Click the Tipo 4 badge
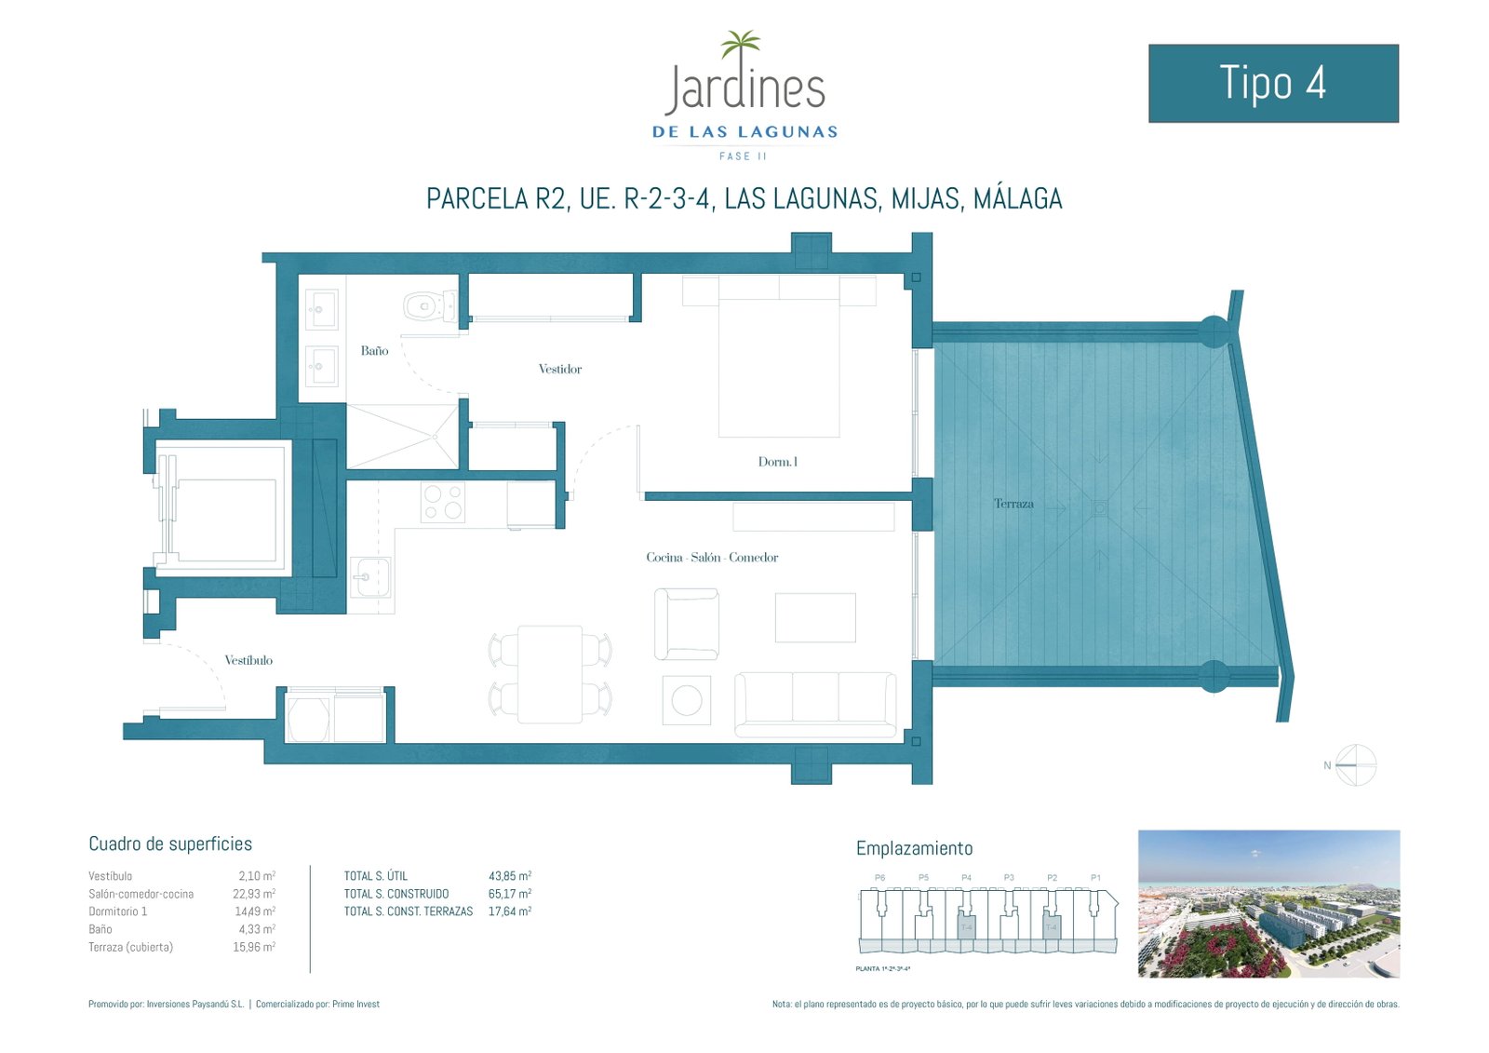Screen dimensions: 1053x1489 [1273, 83]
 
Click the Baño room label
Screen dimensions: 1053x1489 [374, 351]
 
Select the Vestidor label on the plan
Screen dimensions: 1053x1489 [560, 370]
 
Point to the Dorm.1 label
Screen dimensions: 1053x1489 [777, 462]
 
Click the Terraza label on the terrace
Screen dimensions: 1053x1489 [1013, 504]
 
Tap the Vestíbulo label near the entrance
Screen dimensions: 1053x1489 [248, 660]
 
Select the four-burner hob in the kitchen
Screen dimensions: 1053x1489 [442, 502]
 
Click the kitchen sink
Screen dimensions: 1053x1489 [370, 577]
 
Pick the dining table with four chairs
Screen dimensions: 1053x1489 [550, 674]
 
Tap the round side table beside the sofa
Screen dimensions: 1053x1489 [687, 700]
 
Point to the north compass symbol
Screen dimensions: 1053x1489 [1355, 765]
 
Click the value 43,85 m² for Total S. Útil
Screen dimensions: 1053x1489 [509, 876]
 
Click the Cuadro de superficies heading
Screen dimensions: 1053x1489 [170, 844]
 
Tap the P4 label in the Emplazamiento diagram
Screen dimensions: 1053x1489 [966, 877]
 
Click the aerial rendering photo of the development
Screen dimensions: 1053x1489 [1268, 903]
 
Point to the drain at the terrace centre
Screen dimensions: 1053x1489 [1100, 508]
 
